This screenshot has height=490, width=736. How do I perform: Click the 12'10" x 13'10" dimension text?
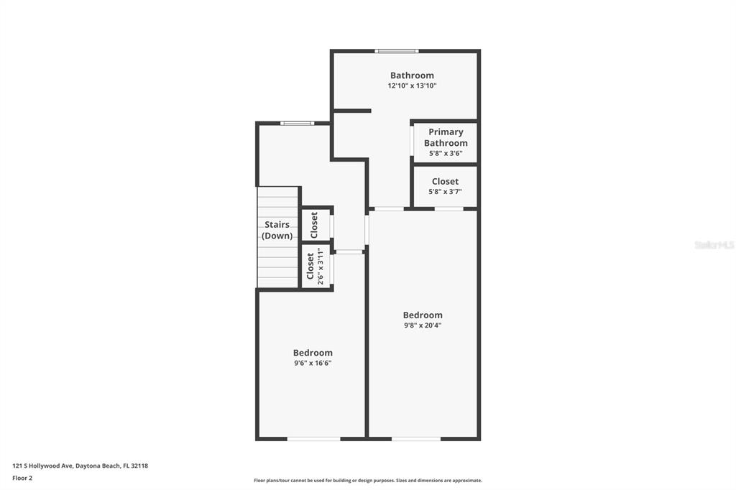pyautogui.click(x=412, y=86)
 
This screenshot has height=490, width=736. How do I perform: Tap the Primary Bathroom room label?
pyautogui.click(x=446, y=137)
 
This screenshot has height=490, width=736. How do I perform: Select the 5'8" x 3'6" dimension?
pyautogui.click(x=446, y=154)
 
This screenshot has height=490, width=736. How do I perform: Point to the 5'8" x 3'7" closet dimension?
pyautogui.click(x=446, y=192)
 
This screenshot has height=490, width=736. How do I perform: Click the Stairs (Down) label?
pyautogui.click(x=277, y=230)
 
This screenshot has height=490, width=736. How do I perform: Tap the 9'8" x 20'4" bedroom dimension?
pyautogui.click(x=423, y=325)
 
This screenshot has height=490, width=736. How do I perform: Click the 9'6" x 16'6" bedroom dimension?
pyautogui.click(x=313, y=363)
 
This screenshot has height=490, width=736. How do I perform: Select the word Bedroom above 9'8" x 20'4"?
pyautogui.click(x=423, y=315)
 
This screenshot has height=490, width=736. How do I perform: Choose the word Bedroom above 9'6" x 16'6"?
pyautogui.click(x=313, y=353)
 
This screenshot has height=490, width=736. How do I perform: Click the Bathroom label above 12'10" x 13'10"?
pyautogui.click(x=412, y=75)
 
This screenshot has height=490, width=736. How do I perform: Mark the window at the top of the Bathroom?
pyautogui.click(x=397, y=51)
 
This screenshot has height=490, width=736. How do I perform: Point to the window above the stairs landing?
pyautogui.click(x=297, y=124)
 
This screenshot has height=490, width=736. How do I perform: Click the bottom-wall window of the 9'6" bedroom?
pyautogui.click(x=313, y=439)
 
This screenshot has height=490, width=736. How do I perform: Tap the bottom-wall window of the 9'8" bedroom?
pyautogui.click(x=416, y=439)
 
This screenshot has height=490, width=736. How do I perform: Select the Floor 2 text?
pyautogui.click(x=22, y=479)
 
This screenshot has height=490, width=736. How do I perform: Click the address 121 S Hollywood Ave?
pyautogui.click(x=42, y=466)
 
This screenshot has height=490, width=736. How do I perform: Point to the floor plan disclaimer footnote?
pyautogui.click(x=368, y=480)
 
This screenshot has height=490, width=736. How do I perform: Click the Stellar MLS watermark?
pyautogui.click(x=714, y=245)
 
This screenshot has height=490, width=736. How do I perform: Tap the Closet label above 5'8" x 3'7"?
pyautogui.click(x=446, y=181)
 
